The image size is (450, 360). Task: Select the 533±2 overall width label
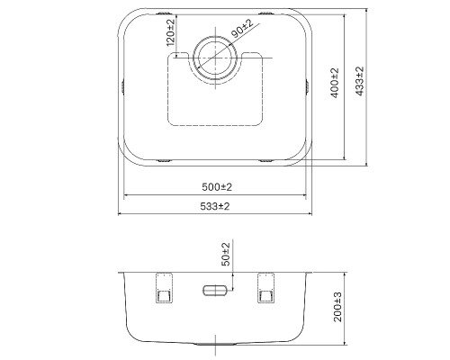point(215,206)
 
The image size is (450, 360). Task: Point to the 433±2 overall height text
point(359,85)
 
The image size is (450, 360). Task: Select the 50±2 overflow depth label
point(226,254)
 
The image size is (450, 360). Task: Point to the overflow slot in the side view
point(216,290)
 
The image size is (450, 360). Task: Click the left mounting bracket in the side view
point(163,288)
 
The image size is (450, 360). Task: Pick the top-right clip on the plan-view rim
point(269,14)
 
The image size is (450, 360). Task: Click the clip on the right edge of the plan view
point(310,85)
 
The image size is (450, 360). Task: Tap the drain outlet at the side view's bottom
point(216,343)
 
